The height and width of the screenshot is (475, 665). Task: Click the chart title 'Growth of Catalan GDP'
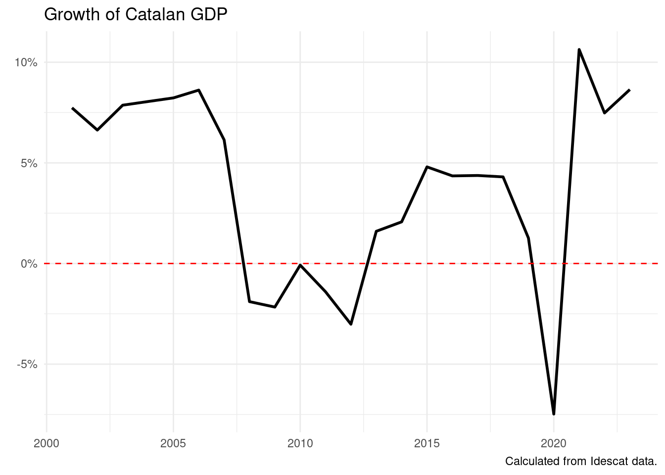point(136,14)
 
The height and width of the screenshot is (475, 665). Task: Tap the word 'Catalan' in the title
point(155,14)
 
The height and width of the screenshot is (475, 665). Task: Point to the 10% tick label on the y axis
point(26,63)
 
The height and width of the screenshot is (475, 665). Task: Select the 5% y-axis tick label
point(29,163)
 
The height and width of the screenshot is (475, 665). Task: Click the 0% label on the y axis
point(29,264)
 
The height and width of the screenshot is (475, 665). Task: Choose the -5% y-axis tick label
point(27,364)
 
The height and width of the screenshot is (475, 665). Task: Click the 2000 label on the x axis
point(47,443)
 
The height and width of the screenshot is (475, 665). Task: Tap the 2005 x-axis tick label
point(173,443)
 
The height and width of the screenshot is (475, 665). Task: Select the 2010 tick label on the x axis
point(300,443)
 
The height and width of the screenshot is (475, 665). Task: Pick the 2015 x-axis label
point(427,443)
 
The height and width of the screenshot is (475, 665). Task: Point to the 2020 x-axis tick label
point(554,443)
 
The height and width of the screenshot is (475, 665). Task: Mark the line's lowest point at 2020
point(554,414)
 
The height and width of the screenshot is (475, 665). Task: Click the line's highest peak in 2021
point(579,49)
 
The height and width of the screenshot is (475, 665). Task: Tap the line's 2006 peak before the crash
point(199,90)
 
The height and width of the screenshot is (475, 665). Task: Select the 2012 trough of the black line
point(351,324)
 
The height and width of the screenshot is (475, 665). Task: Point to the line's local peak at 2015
point(427,167)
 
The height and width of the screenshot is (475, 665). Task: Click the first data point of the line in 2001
point(72,108)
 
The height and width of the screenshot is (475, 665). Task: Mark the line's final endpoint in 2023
point(630,90)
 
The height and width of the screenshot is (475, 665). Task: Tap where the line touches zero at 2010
point(300,265)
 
